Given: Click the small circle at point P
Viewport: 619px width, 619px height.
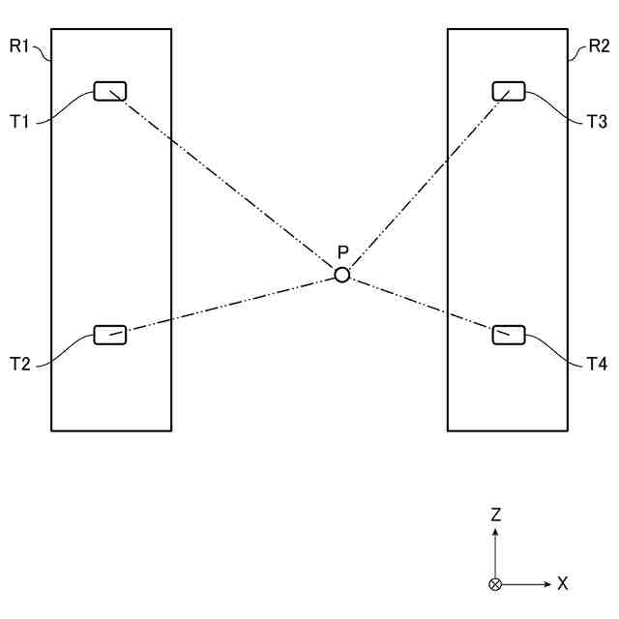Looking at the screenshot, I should click(x=341, y=275).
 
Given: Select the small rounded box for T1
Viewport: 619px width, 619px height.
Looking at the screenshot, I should click(x=109, y=92).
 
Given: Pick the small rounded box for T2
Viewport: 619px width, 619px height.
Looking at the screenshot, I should click(x=109, y=335).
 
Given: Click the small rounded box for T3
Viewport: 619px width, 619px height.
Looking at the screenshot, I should click(x=509, y=92).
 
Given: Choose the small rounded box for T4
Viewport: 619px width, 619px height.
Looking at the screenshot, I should click(x=509, y=335).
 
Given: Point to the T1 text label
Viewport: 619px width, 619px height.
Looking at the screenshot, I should click(x=20, y=122).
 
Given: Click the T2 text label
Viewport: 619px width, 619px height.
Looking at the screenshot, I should click(x=20, y=365).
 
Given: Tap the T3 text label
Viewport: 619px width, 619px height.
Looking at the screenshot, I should click(x=597, y=122).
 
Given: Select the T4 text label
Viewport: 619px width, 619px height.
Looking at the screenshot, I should click(x=597, y=365).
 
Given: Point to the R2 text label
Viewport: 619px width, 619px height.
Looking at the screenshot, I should click(x=599, y=45).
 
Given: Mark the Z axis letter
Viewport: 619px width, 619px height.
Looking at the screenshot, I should click(x=495, y=516).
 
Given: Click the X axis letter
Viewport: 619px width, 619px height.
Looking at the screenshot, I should click(x=562, y=584).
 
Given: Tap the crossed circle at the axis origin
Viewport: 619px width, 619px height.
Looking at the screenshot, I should click(x=495, y=584).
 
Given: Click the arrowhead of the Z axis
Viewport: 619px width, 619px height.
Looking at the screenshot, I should click(x=495, y=534).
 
